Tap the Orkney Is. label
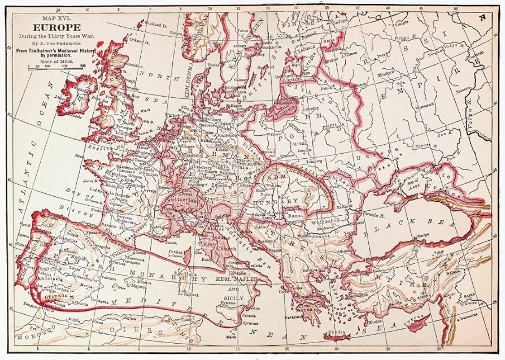138,41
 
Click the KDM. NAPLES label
237,279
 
